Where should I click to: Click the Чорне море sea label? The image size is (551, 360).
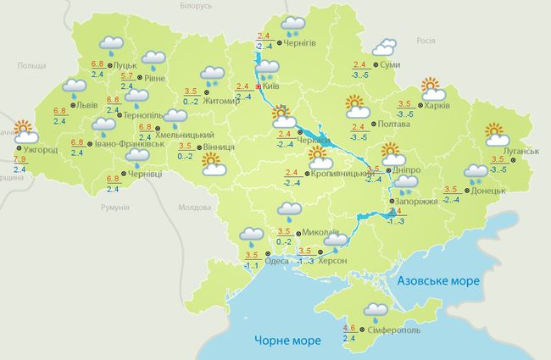pyautogui.click(x=287, y=341)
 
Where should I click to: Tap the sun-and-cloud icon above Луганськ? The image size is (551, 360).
pyautogui.click(x=496, y=134)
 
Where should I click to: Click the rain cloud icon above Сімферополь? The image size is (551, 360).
pyautogui.click(x=376, y=311)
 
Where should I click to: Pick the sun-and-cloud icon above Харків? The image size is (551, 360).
pyautogui.click(x=433, y=87)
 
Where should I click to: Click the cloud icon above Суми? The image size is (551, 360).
pyautogui.click(x=384, y=47)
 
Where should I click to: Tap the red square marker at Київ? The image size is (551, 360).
pyautogui.click(x=259, y=86)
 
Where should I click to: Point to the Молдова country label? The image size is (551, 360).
pyautogui.click(x=194, y=208)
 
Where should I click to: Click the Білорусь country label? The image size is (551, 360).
pyautogui.click(x=196, y=6)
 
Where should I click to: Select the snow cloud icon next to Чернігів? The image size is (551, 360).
pyautogui.click(x=293, y=25)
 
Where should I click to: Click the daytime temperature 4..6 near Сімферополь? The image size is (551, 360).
pyautogui.click(x=348, y=328)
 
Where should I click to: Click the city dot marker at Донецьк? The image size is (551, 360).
pyautogui.click(x=465, y=191)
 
